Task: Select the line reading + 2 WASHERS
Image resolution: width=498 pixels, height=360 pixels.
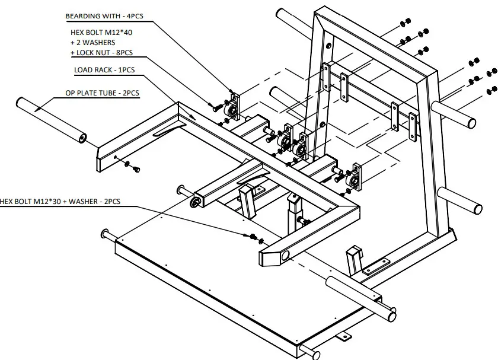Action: pyautogui.click(x=92, y=42)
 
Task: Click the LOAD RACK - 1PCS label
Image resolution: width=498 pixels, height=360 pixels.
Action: pyautogui.click(x=104, y=70)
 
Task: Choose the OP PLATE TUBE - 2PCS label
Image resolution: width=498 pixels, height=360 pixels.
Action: pyautogui.click(x=107, y=93)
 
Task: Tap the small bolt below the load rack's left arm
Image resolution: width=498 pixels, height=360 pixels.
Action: pyautogui.click(x=136, y=168)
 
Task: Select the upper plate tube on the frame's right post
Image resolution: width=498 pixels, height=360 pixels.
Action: pyautogui.click(x=454, y=113)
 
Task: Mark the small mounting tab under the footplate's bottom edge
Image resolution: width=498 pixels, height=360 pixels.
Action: pyautogui.click(x=342, y=336)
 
